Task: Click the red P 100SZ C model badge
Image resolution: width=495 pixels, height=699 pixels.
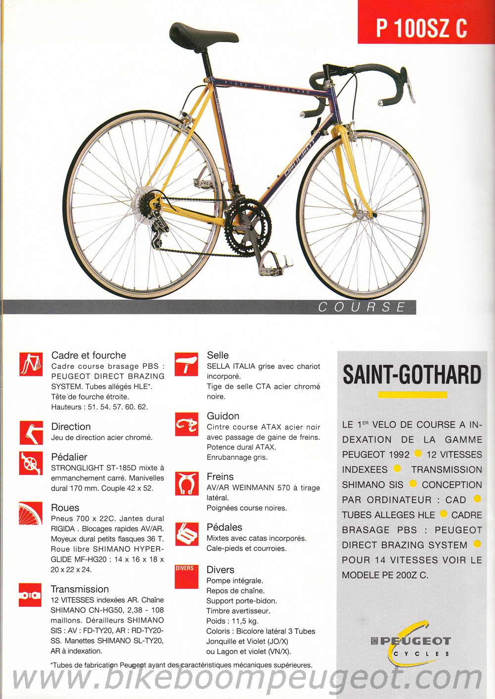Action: pyautogui.click(x=421, y=27)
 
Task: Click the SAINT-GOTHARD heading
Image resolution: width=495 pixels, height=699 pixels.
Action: pyautogui.click(x=412, y=375)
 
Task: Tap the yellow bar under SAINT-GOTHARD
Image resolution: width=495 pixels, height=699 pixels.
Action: pyautogui.click(x=412, y=395)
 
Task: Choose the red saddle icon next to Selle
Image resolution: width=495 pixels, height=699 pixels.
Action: pyautogui.click(x=186, y=363)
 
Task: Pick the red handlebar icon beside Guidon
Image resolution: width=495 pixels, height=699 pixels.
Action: pyautogui.click(x=186, y=424)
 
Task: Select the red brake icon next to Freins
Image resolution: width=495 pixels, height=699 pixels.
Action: pyautogui.click(x=186, y=484)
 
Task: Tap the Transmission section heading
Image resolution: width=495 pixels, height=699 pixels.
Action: pyautogui.click(x=80, y=589)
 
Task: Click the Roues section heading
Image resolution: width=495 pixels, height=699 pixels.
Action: pyautogui.click(x=65, y=508)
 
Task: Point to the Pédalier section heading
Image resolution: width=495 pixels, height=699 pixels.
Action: pyautogui.click(x=69, y=457)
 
